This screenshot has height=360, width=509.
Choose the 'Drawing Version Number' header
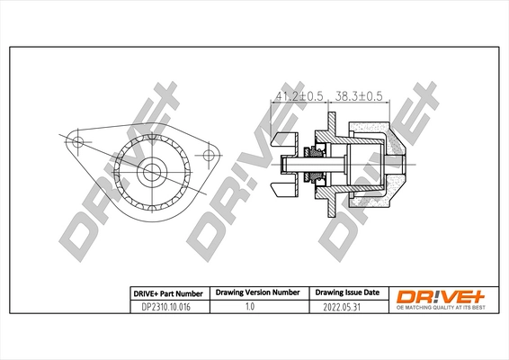(257, 293)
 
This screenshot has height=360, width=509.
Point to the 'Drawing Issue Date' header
(346, 293)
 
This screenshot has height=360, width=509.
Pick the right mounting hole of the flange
(210, 154)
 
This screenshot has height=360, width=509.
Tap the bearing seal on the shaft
(318, 163)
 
